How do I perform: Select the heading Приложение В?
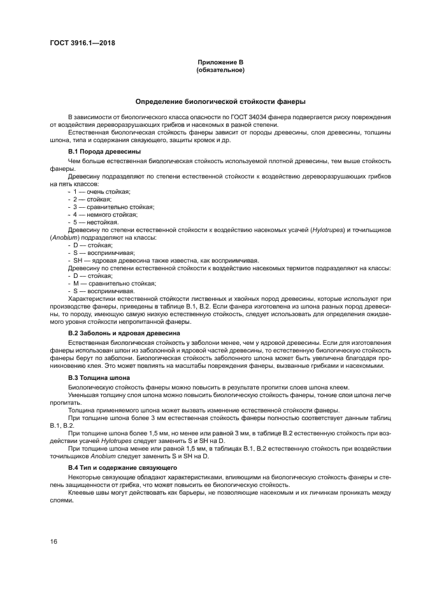click(220, 62)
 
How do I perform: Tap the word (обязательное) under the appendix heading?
click(220, 69)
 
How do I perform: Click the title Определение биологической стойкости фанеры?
click(220, 101)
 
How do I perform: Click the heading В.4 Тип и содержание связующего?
click(122, 467)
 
